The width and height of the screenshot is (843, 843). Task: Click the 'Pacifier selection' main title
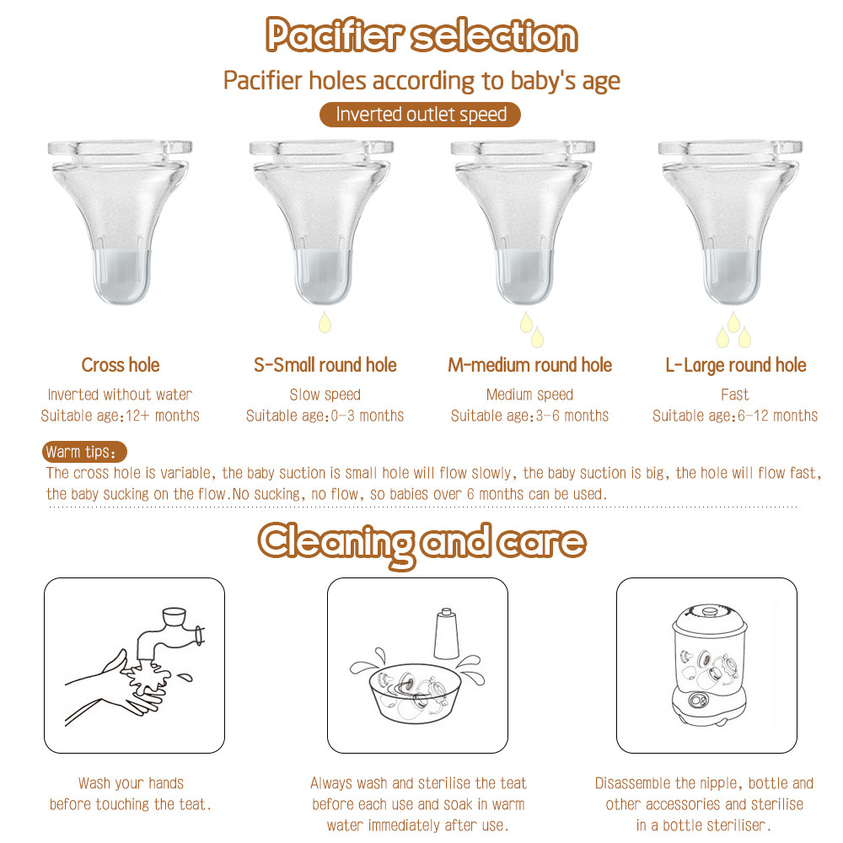pyautogui.click(x=421, y=36)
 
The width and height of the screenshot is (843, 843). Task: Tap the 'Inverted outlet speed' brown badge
pyautogui.click(x=421, y=115)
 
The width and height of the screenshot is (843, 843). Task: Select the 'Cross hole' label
pyautogui.click(x=121, y=365)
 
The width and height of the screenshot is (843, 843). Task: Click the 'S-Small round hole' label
pyautogui.click(x=325, y=365)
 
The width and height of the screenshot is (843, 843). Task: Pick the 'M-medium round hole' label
pyautogui.click(x=529, y=365)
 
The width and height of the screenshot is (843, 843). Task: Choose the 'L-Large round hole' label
pyautogui.click(x=735, y=365)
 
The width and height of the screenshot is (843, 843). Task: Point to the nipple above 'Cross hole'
pyautogui.click(x=120, y=219)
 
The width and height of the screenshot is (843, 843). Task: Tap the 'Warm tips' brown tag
pyautogui.click(x=85, y=452)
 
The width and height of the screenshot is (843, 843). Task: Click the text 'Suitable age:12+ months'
pyautogui.click(x=121, y=416)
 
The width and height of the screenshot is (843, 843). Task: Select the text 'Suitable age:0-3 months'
pyautogui.click(x=325, y=416)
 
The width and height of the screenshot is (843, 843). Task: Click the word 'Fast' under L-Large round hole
pyautogui.click(x=735, y=395)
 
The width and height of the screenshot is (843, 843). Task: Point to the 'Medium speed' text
pyautogui.click(x=529, y=395)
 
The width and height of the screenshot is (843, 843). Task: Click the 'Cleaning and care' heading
pyautogui.click(x=421, y=541)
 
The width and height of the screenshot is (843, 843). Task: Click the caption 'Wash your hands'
pyautogui.click(x=131, y=783)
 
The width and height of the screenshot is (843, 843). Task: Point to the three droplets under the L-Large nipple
pyautogui.click(x=733, y=331)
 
